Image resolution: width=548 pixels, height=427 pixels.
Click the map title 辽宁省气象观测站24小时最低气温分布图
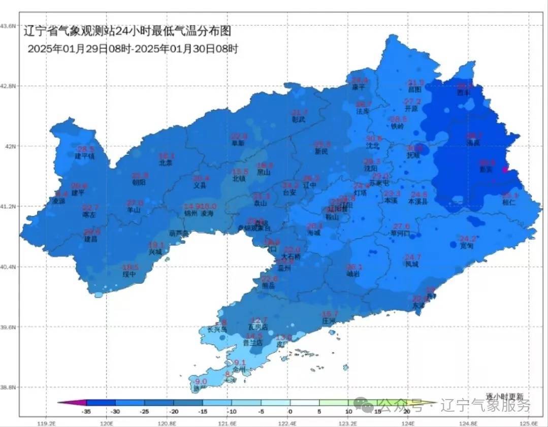click(127, 31)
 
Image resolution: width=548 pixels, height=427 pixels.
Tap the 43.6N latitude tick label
click(9, 25)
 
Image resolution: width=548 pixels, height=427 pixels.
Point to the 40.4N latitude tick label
click(9, 267)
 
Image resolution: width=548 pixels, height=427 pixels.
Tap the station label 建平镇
click(85, 156)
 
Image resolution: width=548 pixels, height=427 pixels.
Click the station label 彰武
click(299, 119)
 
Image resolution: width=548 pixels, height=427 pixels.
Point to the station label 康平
click(359, 87)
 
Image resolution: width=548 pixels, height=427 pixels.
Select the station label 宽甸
click(466, 246)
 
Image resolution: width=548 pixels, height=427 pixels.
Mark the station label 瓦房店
click(257, 326)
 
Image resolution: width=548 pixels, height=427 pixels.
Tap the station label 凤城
click(412, 264)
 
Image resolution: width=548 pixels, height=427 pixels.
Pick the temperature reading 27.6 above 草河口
click(402, 226)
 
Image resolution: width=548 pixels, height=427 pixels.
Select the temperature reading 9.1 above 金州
click(240, 363)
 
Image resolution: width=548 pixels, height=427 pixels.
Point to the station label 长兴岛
click(217, 330)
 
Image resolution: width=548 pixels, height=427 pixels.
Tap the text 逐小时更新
click(504, 396)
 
